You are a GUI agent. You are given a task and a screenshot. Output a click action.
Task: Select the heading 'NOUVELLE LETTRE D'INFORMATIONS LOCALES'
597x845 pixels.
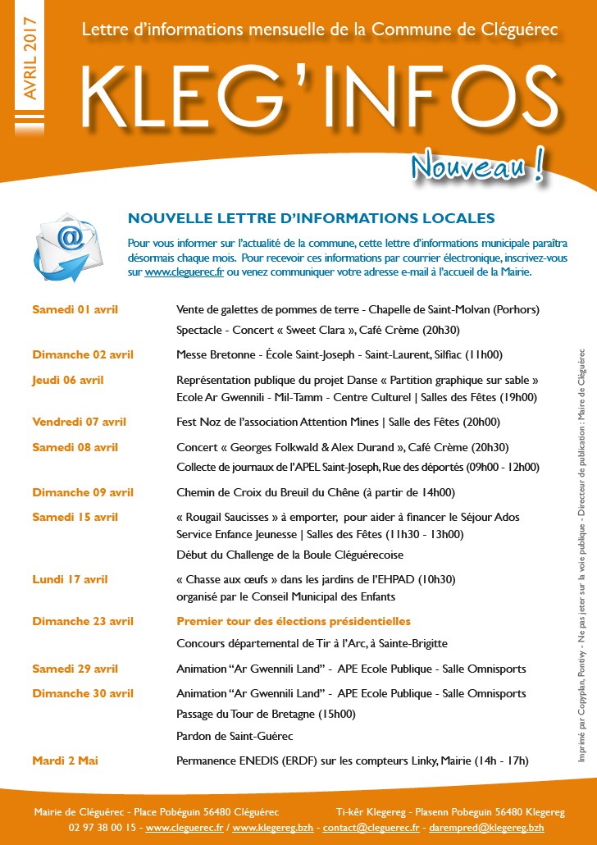coord(312,218)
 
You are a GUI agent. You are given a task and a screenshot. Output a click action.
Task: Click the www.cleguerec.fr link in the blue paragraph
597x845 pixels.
coord(185,272)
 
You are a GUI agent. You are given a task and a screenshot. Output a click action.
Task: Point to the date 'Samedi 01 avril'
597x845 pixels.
coord(75,309)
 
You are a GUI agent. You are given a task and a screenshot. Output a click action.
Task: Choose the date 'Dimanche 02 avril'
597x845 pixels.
coord(83,354)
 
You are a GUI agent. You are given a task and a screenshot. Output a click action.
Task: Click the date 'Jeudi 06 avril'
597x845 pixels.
coord(68,380)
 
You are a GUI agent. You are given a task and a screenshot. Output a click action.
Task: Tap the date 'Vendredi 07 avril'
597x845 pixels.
coord(80,422)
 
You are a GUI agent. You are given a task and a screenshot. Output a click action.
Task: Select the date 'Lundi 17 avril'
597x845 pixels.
coord(70,579)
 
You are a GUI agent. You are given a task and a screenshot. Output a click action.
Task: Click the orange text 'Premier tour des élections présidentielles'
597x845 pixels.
coord(294,621)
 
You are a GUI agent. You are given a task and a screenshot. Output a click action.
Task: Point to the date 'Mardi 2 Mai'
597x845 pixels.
coord(66,760)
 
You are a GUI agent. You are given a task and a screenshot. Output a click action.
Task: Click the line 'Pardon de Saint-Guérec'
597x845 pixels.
coord(235,736)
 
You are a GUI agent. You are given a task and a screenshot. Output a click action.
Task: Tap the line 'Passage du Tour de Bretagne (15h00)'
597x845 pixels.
coord(267,714)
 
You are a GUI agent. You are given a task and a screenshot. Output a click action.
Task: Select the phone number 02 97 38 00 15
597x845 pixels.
coord(103,828)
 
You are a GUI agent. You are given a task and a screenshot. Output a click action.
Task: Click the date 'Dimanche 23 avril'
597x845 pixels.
coord(83,621)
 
